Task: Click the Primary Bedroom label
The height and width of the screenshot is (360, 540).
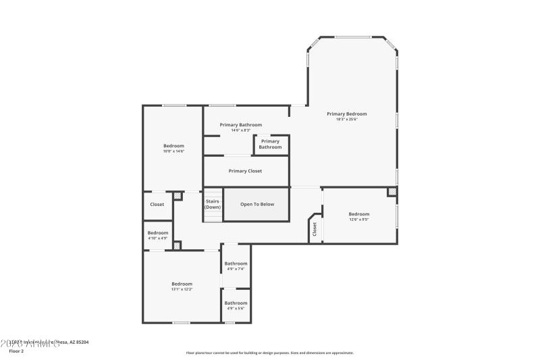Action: tap(346, 114)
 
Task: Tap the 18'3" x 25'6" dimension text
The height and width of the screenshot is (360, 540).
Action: tap(346, 120)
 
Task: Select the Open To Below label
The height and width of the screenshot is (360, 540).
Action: tap(257, 204)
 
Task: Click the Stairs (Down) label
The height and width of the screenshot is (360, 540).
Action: tap(213, 204)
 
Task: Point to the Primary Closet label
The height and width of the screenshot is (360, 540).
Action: tap(245, 171)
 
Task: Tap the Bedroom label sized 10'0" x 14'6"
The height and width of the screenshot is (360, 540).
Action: tap(173, 146)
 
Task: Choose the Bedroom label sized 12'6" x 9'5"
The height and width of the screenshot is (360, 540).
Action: tap(359, 214)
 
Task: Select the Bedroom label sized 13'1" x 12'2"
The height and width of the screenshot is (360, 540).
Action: tap(182, 284)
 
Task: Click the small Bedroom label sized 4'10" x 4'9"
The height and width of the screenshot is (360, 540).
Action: tap(158, 233)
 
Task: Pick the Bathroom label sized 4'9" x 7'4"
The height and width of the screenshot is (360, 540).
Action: tap(236, 263)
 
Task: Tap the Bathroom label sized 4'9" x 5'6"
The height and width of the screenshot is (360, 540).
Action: tap(236, 303)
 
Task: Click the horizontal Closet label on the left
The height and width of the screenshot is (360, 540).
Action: tap(157, 204)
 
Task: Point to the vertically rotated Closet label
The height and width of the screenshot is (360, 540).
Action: tap(315, 230)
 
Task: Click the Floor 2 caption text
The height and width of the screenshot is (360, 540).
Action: tap(16, 351)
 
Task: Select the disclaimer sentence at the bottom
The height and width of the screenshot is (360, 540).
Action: tap(269, 353)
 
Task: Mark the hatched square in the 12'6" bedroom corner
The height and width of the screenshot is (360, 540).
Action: tap(392, 192)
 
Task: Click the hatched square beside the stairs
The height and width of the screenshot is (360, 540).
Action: tap(178, 197)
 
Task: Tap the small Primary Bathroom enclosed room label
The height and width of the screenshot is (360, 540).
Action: tap(271, 144)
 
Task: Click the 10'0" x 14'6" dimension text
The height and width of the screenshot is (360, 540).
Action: tap(173, 151)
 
